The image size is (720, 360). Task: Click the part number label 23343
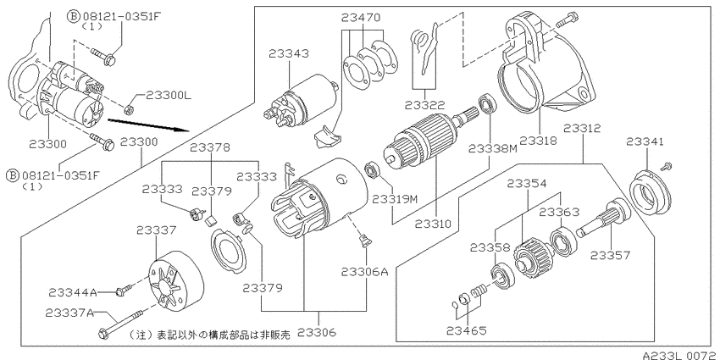(290, 54)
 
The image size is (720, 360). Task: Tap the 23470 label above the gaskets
(362, 16)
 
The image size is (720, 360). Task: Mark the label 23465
(468, 331)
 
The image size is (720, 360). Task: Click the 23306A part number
(364, 272)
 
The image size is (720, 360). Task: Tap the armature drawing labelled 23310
(419, 151)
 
